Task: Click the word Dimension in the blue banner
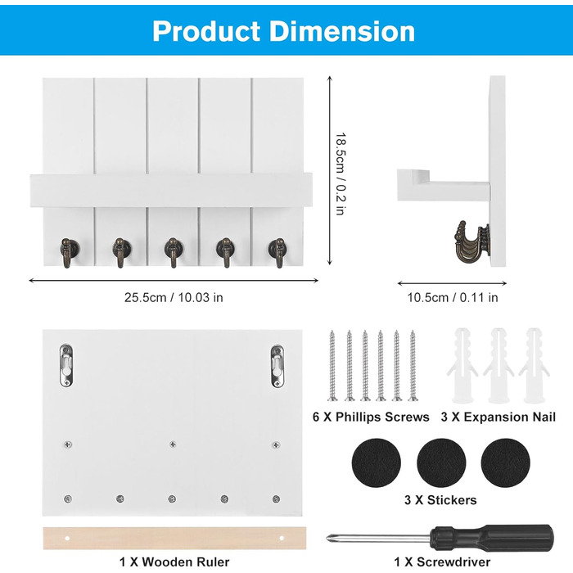coord(342,31)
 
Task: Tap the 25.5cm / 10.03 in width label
coord(174,297)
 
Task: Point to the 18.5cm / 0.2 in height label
coord(341,174)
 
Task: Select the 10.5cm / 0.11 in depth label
coord(453,297)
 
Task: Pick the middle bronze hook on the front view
coord(173,252)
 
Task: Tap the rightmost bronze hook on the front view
coord(277,252)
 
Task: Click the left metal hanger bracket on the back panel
coord(66,365)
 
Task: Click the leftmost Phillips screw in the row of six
coord(332,365)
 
